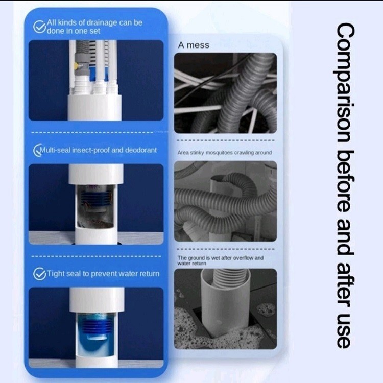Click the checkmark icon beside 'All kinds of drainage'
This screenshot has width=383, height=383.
39,27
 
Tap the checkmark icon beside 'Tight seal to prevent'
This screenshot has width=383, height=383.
39,274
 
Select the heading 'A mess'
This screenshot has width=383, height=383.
194,45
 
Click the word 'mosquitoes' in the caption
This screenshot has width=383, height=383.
219,153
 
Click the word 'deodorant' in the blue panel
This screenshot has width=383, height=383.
141,150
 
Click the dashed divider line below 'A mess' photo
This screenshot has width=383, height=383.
225,140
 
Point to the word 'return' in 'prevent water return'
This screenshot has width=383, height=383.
149,274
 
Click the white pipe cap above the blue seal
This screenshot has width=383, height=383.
97,300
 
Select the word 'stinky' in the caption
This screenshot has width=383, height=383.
197,153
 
